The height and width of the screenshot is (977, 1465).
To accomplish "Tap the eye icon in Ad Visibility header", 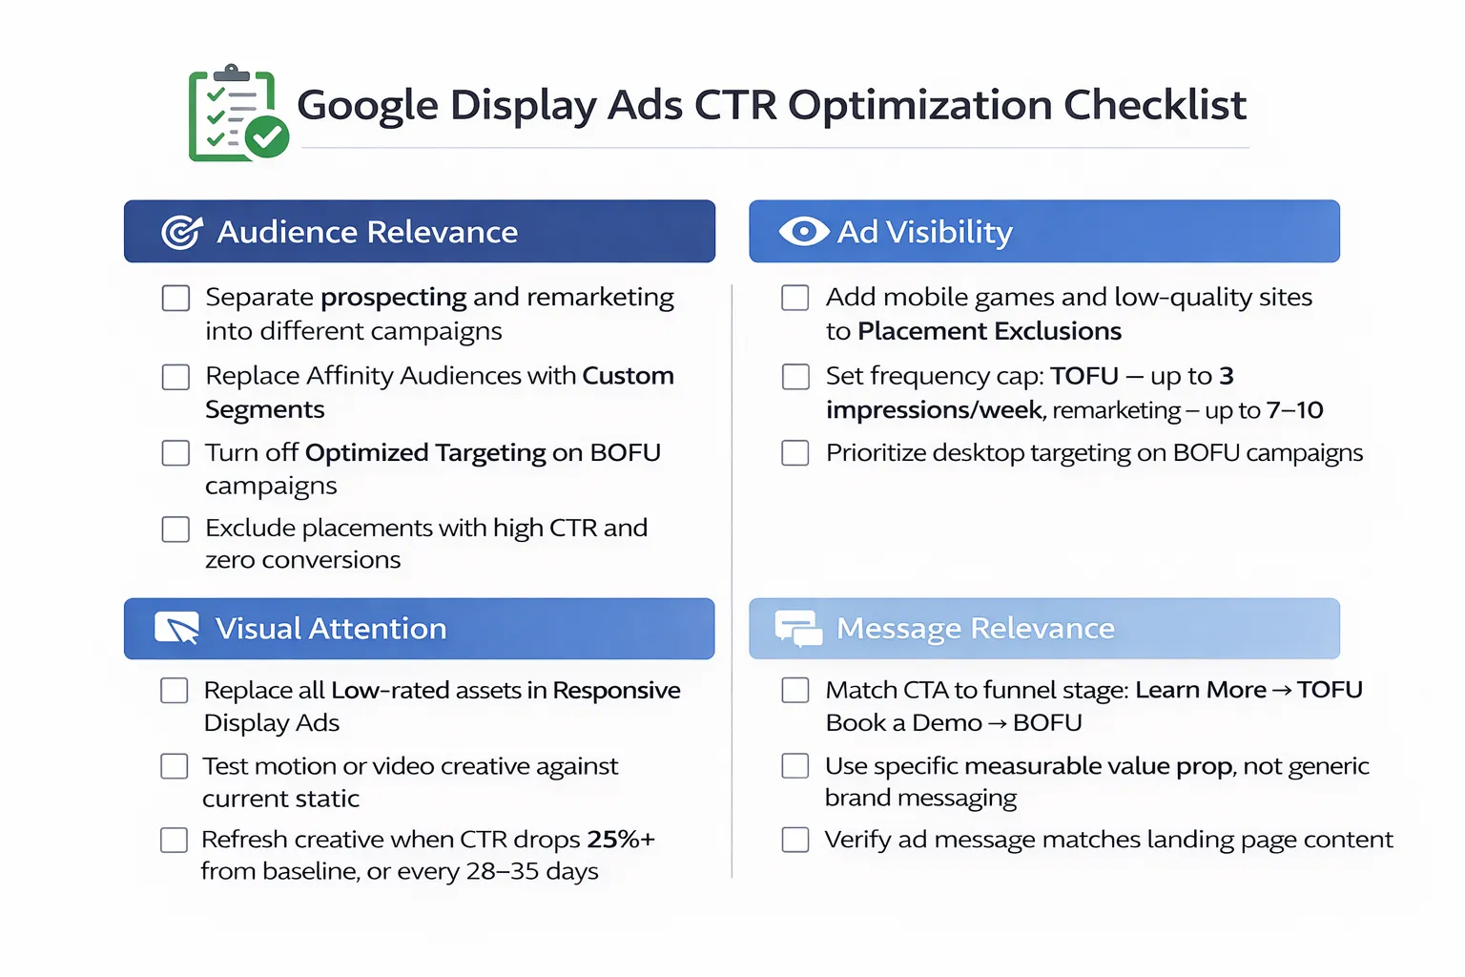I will [x=803, y=231].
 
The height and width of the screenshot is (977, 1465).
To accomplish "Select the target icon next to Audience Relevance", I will [x=181, y=232].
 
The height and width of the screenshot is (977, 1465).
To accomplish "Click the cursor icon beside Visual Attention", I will [x=177, y=628].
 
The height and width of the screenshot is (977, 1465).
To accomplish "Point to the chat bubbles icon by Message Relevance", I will [x=798, y=629].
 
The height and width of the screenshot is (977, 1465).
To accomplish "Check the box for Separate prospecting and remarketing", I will [x=175, y=299].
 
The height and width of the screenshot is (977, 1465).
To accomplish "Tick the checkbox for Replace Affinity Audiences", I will [x=175, y=377].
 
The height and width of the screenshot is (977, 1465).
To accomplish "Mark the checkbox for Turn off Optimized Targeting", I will [x=175, y=452].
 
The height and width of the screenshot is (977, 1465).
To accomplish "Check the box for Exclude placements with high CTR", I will [x=175, y=529].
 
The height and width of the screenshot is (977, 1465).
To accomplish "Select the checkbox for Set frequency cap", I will [x=795, y=377].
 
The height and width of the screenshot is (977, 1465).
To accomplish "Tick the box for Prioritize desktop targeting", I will [x=795, y=452].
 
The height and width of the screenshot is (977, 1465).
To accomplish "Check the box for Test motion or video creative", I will [x=175, y=766].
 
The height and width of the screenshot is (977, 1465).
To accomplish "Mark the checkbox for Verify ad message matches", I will [x=795, y=840].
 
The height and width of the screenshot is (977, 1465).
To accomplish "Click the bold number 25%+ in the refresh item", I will [x=621, y=840].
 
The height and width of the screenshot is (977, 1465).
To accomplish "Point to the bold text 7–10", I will [x=1294, y=410].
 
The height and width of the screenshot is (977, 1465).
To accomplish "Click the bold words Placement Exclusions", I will [x=989, y=331].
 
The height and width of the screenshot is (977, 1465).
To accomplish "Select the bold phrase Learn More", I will [x=1201, y=690].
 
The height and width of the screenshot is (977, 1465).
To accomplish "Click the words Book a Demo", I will [x=903, y=723].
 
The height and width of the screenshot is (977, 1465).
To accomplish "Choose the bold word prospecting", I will [x=394, y=298].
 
